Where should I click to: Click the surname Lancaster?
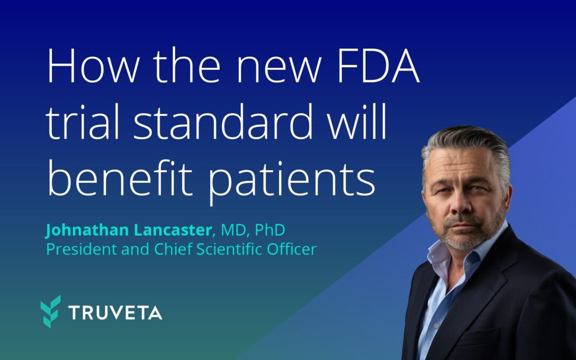171,231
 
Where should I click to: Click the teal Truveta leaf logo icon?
51,311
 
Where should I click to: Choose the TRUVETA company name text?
115,313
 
